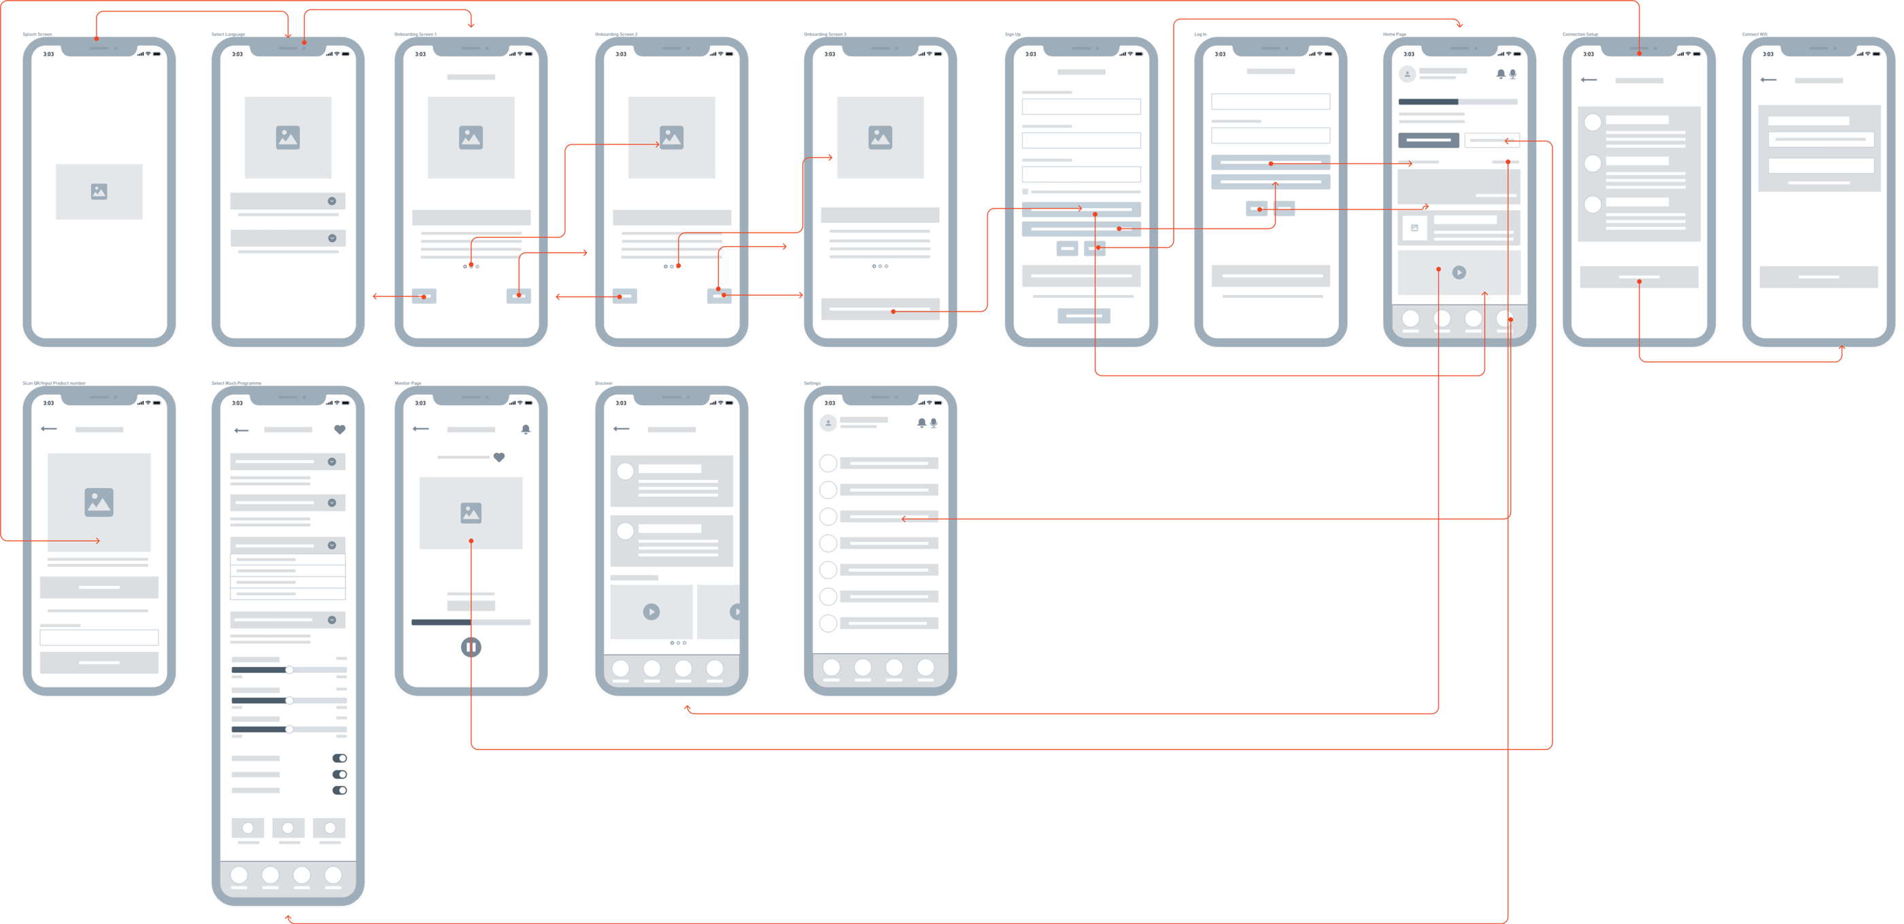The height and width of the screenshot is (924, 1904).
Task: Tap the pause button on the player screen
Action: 471,647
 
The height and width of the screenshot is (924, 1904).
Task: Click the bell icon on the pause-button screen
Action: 526,430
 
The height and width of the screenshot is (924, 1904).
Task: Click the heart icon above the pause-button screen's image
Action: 499,458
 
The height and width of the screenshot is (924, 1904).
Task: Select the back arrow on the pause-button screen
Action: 420,429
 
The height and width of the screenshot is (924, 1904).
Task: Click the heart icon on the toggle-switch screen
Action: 339,430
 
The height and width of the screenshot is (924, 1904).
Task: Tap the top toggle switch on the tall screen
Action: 339,757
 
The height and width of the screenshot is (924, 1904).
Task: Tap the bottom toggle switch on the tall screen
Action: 339,790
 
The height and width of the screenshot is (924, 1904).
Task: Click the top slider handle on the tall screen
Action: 289,670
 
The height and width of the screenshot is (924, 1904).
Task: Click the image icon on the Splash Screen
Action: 99,192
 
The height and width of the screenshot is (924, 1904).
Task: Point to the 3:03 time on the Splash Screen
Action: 48,54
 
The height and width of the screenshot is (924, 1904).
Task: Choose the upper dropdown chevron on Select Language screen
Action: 332,201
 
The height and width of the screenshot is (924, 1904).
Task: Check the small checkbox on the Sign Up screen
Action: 1025,192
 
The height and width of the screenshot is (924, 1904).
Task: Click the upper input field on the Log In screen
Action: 1270,101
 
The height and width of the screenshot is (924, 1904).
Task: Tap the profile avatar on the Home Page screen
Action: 1408,74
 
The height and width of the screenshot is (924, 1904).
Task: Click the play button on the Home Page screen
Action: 1459,272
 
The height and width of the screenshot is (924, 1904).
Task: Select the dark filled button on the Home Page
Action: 1428,139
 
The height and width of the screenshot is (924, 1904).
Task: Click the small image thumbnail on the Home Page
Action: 1414,228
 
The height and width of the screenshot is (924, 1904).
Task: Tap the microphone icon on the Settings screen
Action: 934,423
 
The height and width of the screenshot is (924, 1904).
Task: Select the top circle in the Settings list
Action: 828,464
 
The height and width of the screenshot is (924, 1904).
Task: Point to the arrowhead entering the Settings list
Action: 903,519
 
